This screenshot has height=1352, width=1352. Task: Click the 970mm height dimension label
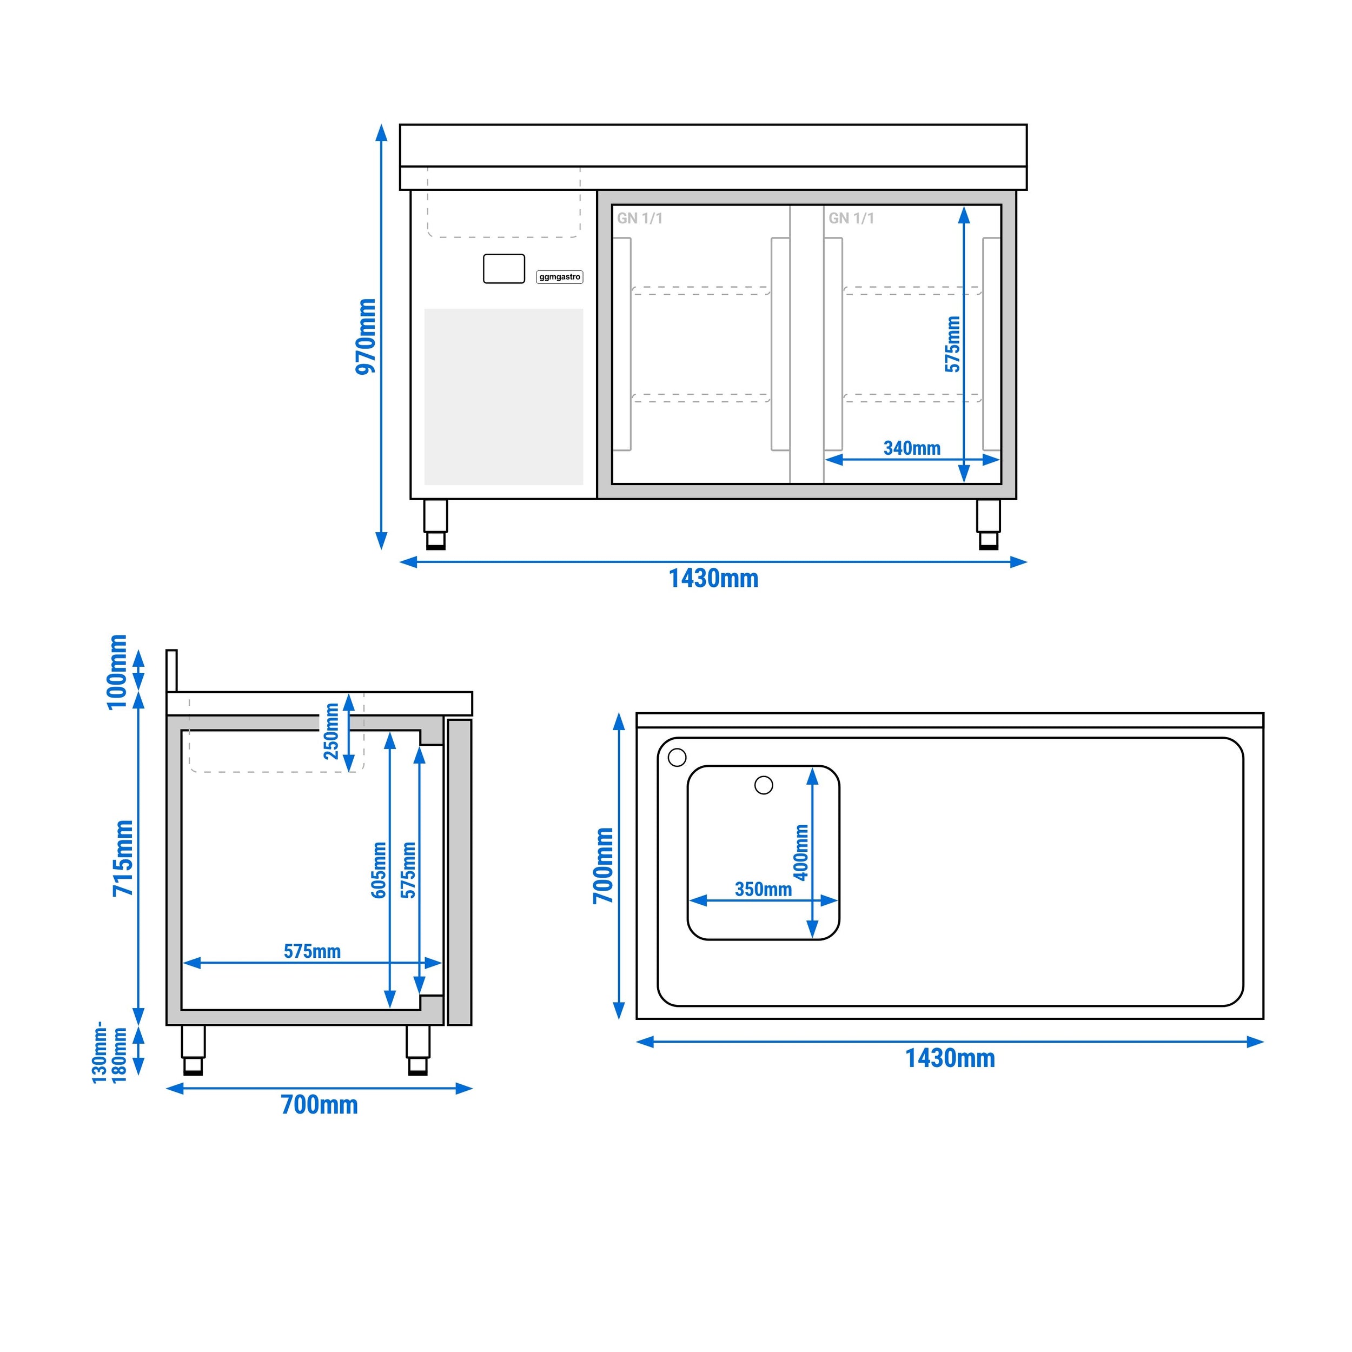(x=365, y=336)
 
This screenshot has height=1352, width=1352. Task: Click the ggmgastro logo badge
(x=559, y=277)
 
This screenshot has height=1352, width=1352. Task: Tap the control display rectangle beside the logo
(x=504, y=269)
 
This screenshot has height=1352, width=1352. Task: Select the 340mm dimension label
(x=912, y=448)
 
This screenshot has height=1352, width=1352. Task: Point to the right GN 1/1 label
(x=851, y=218)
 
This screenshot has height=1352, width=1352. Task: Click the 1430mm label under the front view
(x=713, y=579)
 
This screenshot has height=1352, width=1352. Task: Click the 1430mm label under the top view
(x=950, y=1058)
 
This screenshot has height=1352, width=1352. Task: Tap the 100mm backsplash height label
(x=117, y=672)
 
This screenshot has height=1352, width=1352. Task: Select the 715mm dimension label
(x=123, y=858)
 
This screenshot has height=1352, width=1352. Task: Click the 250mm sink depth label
(x=331, y=731)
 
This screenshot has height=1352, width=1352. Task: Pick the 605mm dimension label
(x=379, y=870)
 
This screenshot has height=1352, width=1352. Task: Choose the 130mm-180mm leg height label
(x=110, y=1051)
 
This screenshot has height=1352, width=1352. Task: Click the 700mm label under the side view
(x=319, y=1104)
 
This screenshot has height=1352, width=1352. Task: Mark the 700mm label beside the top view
(x=603, y=866)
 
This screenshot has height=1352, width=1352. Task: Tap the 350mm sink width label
(x=763, y=890)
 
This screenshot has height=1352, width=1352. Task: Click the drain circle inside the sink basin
(x=764, y=785)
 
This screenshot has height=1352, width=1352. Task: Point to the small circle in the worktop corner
(x=677, y=757)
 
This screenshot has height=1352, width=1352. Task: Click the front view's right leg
(x=988, y=524)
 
